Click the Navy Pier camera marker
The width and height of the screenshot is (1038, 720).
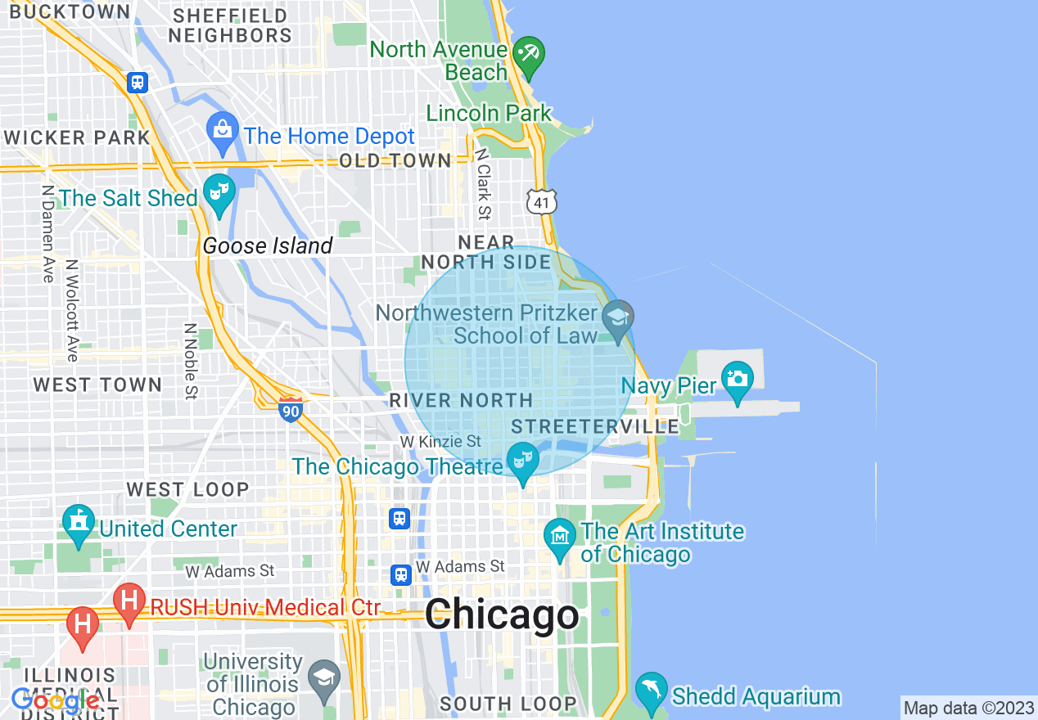(737, 380)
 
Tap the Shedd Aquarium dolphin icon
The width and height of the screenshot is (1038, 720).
(652, 689)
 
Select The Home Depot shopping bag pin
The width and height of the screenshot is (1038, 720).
(222, 131)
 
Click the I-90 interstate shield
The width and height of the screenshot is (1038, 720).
(291, 409)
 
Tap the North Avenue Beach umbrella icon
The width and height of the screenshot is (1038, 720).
(528, 54)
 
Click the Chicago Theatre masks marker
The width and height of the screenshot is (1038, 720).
(521, 461)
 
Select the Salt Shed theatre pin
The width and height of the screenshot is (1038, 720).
(219, 193)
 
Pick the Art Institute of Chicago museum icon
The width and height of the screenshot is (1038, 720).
(560, 537)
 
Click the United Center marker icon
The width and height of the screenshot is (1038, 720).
(79, 524)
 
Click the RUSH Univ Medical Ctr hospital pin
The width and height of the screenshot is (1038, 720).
(129, 602)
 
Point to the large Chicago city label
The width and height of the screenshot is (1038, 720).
(501, 615)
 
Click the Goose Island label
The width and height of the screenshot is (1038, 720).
(268, 245)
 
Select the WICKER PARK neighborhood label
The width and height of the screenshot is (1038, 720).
(76, 137)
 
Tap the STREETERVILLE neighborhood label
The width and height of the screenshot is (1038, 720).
(595, 426)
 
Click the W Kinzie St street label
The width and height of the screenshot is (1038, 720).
(440, 442)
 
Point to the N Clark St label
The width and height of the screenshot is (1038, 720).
(483, 184)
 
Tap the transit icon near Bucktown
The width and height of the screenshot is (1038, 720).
(138, 82)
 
